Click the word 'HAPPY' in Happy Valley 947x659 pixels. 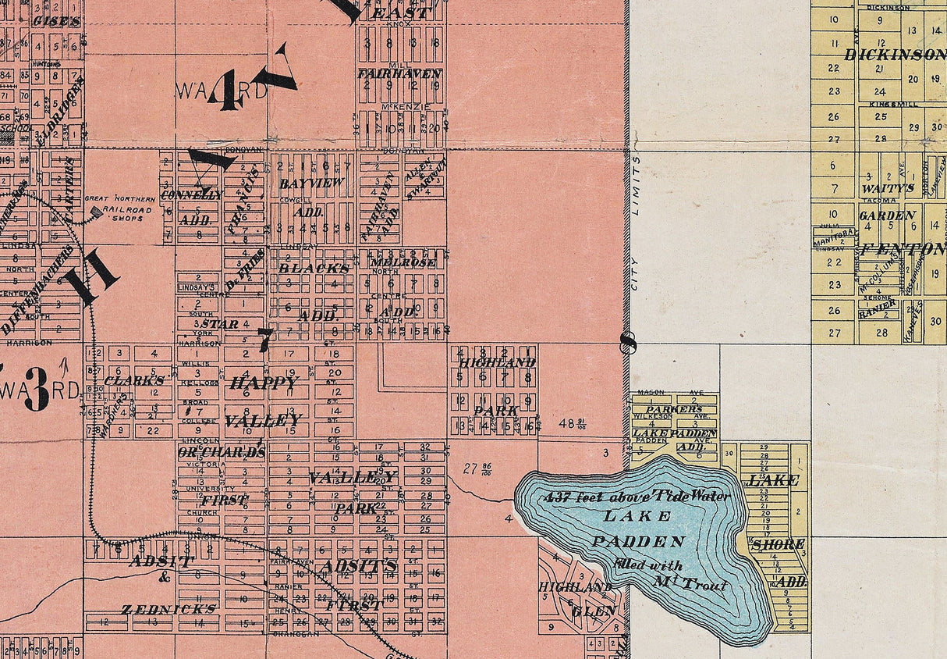point(263,383)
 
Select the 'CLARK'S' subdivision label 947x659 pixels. point(134,380)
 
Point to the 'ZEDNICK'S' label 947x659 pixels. point(168,607)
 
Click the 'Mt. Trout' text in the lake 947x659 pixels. point(691,583)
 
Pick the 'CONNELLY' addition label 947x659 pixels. point(191,194)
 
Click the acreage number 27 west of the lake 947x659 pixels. point(470,468)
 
